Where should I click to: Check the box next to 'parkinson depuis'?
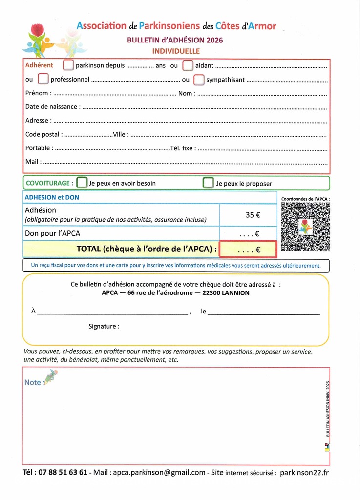click(68, 65)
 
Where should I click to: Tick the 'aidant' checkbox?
click(188, 65)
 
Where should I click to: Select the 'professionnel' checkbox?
click(43, 79)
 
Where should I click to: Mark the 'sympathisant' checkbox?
click(199, 79)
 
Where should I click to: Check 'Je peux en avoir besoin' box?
click(82, 183)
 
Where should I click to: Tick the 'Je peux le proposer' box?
click(209, 183)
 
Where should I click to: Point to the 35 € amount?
click(253, 214)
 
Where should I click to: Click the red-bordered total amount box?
click(248, 249)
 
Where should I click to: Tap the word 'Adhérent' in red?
click(39, 65)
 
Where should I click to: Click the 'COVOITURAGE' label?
click(48, 183)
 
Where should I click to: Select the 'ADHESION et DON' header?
click(52, 198)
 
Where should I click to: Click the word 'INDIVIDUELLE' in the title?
click(175, 51)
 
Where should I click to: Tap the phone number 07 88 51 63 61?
click(62, 472)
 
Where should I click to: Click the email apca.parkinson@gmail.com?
click(159, 472)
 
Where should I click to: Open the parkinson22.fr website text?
click(305, 472)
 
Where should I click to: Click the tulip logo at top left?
click(37, 38)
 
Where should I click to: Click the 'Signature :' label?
click(104, 326)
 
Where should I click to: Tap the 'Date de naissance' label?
click(51, 106)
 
